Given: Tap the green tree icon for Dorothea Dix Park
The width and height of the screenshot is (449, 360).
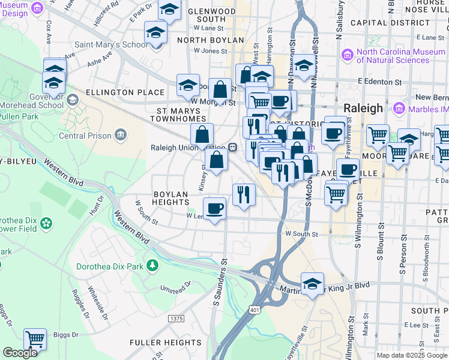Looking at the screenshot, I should click(x=152, y=265).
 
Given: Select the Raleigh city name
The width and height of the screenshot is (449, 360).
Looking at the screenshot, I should click(x=363, y=108).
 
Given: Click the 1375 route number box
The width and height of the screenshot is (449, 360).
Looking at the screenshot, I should click(x=176, y=319).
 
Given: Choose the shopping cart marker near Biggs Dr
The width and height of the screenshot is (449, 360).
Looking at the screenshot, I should click(x=35, y=338).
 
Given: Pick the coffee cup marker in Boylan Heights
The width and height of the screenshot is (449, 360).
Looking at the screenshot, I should click(x=214, y=208).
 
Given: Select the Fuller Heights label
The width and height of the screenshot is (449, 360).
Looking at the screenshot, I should click(x=166, y=343).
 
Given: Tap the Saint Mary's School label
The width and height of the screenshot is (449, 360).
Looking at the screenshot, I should click(x=110, y=44).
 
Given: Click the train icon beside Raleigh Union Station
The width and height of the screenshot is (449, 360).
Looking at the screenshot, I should click(x=232, y=147).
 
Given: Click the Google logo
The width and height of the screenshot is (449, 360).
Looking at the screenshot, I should click(x=20, y=353).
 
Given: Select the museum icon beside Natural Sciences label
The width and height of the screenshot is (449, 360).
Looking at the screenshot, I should click(x=347, y=55).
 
